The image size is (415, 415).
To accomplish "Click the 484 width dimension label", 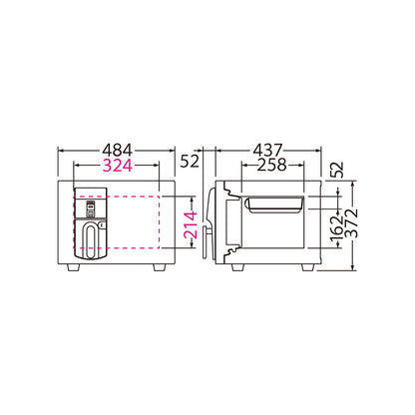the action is pos(117,151).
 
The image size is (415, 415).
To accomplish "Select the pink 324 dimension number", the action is pos(117,166).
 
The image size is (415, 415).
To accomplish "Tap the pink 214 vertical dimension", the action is pos(191,225).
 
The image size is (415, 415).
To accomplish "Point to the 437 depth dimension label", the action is pos(267,151).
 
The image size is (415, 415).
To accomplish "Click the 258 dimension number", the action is pos(272,165).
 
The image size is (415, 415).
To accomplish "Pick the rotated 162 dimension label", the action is pos(336,228).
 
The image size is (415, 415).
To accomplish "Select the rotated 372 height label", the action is pos(351,223).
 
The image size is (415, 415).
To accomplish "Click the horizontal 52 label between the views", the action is pos(190,162).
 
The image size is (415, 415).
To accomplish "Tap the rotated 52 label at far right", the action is pos(336,171).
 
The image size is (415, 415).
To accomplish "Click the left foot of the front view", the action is pos(74,267).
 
